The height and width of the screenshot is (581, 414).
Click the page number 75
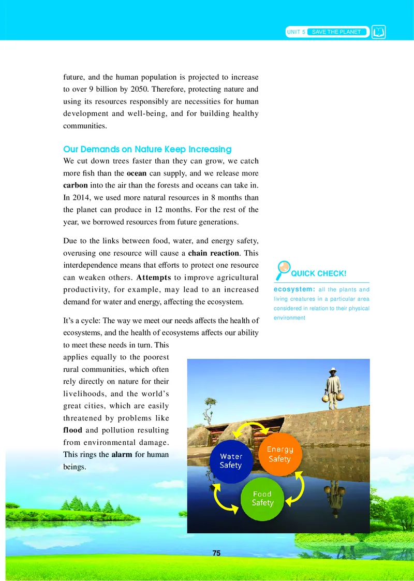[x=216, y=553]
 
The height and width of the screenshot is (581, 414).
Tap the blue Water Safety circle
[x=231, y=461]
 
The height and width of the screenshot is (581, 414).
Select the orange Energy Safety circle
[x=280, y=454]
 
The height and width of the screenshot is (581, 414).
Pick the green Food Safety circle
[x=262, y=499]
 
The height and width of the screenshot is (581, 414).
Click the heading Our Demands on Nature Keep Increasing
[x=147, y=149]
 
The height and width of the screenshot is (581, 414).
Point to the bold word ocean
[x=137, y=172]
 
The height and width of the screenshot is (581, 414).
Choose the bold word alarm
[x=122, y=455]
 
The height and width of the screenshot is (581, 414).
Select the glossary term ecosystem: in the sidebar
[x=292, y=289]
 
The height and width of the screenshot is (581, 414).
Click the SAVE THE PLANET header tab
[x=336, y=32]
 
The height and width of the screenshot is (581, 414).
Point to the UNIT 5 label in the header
[x=295, y=32]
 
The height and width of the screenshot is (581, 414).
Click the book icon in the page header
[x=379, y=32]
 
